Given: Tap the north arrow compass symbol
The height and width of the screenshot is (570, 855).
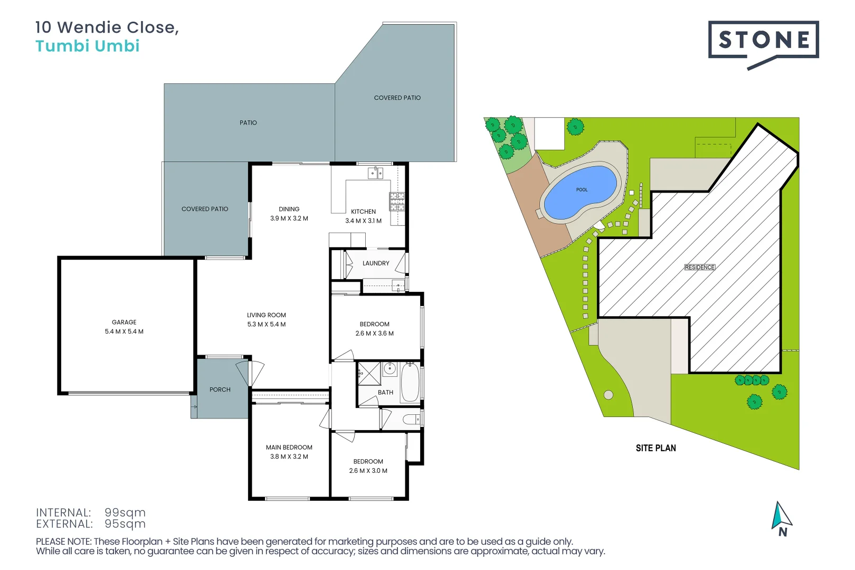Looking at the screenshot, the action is coord(781,519).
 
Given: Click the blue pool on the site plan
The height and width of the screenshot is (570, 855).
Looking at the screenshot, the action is coord(580,192).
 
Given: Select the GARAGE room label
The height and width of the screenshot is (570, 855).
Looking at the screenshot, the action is coord(124,322).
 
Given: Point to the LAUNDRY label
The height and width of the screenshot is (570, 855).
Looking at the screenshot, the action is coord(376,263).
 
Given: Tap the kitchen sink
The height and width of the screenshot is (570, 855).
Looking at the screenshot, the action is coord(375,173).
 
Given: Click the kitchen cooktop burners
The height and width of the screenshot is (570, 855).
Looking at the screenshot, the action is coord(397,202).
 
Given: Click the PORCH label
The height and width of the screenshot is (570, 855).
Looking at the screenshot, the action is coord(220,389).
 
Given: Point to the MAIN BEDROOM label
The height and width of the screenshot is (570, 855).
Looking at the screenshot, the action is coord(289,447).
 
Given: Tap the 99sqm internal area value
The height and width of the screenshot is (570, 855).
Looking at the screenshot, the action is coord(125,512).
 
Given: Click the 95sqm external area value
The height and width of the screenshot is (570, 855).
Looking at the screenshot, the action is coord(125,524).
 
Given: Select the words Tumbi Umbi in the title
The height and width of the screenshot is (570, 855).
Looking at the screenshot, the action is coord(88,46).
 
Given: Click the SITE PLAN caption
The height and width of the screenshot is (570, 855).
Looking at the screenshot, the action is coord(655,448).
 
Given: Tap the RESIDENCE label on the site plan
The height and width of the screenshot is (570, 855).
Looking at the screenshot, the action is coord(700,267).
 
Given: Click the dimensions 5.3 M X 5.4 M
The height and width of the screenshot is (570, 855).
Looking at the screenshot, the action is coord(267,324).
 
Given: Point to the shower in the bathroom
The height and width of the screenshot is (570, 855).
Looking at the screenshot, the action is coord(369,373).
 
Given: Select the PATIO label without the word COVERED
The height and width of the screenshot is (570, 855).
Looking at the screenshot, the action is coord(248,122).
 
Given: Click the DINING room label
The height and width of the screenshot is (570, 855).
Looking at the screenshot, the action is coord(289,209).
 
